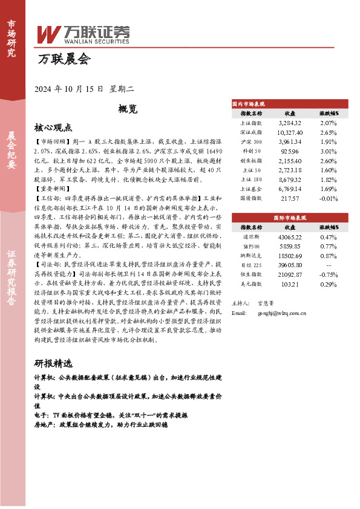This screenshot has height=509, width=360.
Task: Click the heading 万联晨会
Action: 64,60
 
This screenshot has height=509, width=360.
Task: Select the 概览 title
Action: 128,109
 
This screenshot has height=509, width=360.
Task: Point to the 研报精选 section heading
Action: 54,364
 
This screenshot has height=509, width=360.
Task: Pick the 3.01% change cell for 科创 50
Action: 328,151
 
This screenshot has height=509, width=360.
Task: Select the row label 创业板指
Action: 250,161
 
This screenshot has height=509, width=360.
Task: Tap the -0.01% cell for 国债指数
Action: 328,198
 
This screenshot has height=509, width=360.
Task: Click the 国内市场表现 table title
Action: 248,103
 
